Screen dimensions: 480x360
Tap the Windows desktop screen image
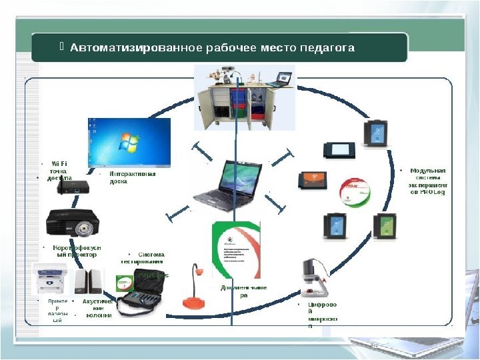[x=129, y=142]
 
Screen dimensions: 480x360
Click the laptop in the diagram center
[x=223, y=183]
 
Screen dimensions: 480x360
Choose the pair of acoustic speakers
[x=89, y=281]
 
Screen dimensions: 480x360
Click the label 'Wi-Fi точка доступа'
[x=57, y=170]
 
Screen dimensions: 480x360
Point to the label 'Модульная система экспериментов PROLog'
[x=427, y=181]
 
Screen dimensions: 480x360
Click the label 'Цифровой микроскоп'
[x=322, y=315]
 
